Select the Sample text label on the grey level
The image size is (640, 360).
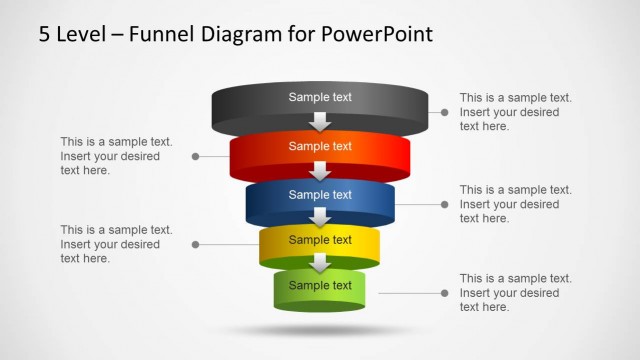tap(320, 97)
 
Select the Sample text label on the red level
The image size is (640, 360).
tap(320, 146)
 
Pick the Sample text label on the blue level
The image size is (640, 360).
tap(320, 194)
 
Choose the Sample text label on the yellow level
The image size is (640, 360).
tap(320, 240)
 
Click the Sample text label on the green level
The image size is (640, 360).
tap(320, 285)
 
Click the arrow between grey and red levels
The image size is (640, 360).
tap(320, 122)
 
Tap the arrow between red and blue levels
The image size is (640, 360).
tap(320, 170)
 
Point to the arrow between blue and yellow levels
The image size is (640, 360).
tap(320, 217)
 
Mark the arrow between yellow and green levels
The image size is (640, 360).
tap(320, 263)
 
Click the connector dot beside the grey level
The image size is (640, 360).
tap(445, 113)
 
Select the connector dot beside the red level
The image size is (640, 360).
tap(195, 156)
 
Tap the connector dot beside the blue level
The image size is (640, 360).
tap(445, 204)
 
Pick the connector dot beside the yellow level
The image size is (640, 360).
tap(195, 244)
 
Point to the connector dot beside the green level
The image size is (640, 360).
tap(445, 293)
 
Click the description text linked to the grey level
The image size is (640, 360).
tap(515, 112)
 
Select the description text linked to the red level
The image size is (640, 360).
tap(116, 156)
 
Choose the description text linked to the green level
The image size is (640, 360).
tap(515, 292)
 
